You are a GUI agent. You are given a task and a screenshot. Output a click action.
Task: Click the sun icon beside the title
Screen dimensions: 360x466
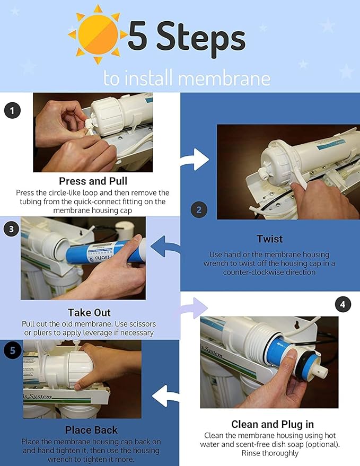pyautogui.click(x=98, y=34)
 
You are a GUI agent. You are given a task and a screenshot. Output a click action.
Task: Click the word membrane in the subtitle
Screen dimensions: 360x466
pyautogui.click(x=224, y=78)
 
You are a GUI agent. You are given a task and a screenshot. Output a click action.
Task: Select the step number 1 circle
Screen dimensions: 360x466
pyautogui.click(x=12, y=111)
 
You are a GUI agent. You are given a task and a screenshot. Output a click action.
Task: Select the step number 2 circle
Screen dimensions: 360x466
pyautogui.click(x=199, y=210)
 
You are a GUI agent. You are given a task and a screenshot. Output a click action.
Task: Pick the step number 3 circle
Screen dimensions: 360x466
pyautogui.click(x=11, y=229)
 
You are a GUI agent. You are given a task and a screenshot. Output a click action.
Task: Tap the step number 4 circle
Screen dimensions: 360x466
pyautogui.click(x=343, y=304)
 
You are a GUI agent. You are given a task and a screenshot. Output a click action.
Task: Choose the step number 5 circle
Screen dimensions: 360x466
pyautogui.click(x=12, y=350)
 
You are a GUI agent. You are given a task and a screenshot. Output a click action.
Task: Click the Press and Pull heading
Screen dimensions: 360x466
pyautogui.click(x=93, y=181)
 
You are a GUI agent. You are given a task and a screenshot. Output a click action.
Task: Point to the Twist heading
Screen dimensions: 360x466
pyautogui.click(x=270, y=239)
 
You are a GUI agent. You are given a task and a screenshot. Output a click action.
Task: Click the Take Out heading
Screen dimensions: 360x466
pyautogui.click(x=89, y=313)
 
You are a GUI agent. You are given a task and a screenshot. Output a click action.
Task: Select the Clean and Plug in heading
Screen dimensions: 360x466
pyautogui.click(x=273, y=424)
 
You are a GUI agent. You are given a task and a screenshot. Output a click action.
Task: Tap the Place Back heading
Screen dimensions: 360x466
pyautogui.click(x=91, y=430)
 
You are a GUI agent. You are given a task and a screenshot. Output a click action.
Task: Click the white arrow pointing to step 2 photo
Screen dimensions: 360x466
pyautogui.click(x=195, y=160)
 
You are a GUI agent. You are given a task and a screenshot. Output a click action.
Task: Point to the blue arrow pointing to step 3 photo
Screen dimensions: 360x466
pyautogui.click(x=165, y=247)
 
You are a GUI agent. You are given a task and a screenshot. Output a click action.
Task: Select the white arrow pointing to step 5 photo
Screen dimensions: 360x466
pyautogui.click(x=166, y=396)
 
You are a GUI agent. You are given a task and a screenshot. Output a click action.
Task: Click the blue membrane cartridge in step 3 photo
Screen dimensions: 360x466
pyautogui.click(x=106, y=251)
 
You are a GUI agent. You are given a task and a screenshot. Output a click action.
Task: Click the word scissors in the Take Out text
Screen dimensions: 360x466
pyautogui.click(x=139, y=323)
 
